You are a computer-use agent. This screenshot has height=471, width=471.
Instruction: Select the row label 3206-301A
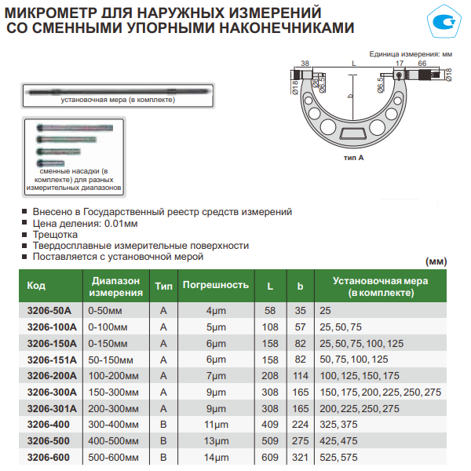coord(52,409)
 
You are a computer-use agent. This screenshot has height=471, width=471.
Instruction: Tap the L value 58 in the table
coord(270,311)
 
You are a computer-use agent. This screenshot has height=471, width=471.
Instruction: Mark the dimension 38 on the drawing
coord(305,63)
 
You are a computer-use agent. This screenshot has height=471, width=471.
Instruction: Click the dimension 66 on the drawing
coord(422,63)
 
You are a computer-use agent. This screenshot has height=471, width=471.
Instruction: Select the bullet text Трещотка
coord(55,234)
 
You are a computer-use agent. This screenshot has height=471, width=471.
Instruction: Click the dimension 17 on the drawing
coord(399,63)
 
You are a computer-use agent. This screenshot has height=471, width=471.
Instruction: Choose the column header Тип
coord(163,286)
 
